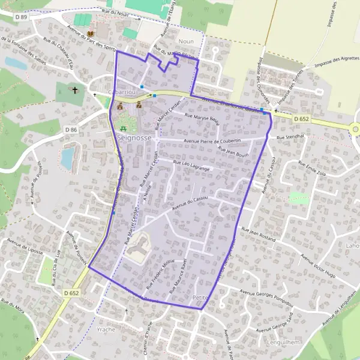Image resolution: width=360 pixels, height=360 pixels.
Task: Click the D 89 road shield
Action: (x=23, y=17)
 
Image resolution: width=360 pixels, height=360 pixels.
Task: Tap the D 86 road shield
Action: (x=71, y=130)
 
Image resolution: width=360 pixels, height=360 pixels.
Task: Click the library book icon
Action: (x=90, y=34)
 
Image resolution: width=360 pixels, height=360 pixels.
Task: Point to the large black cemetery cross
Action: (x=75, y=90)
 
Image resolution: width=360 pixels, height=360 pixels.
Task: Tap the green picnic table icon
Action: (x=124, y=127)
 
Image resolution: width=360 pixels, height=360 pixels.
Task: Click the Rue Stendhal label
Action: (x=291, y=137)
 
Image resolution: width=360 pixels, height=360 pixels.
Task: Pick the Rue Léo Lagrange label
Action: (x=191, y=166)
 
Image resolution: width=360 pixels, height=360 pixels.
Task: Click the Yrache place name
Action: (x=106, y=330)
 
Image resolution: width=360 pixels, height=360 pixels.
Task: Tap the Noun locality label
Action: (x=185, y=41)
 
